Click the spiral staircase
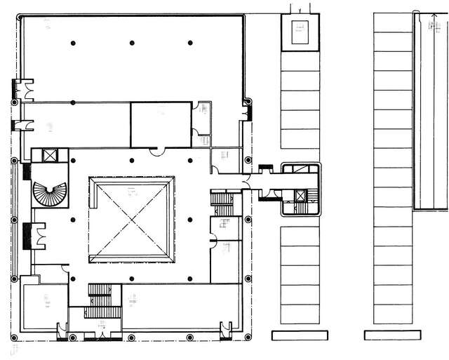(x=50, y=191)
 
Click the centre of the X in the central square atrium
(x=131, y=220)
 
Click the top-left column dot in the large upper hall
(x=73, y=44)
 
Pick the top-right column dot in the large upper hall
(x=190, y=44)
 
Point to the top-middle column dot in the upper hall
(x=132, y=44)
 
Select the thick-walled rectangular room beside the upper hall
(x=161, y=124)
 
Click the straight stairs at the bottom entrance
(x=99, y=300)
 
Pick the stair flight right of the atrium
(x=223, y=204)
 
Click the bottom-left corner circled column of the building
(x=14, y=338)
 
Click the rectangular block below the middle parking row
(x=295, y=335)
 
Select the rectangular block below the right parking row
(x=392, y=335)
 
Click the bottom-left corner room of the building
(x=43, y=303)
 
